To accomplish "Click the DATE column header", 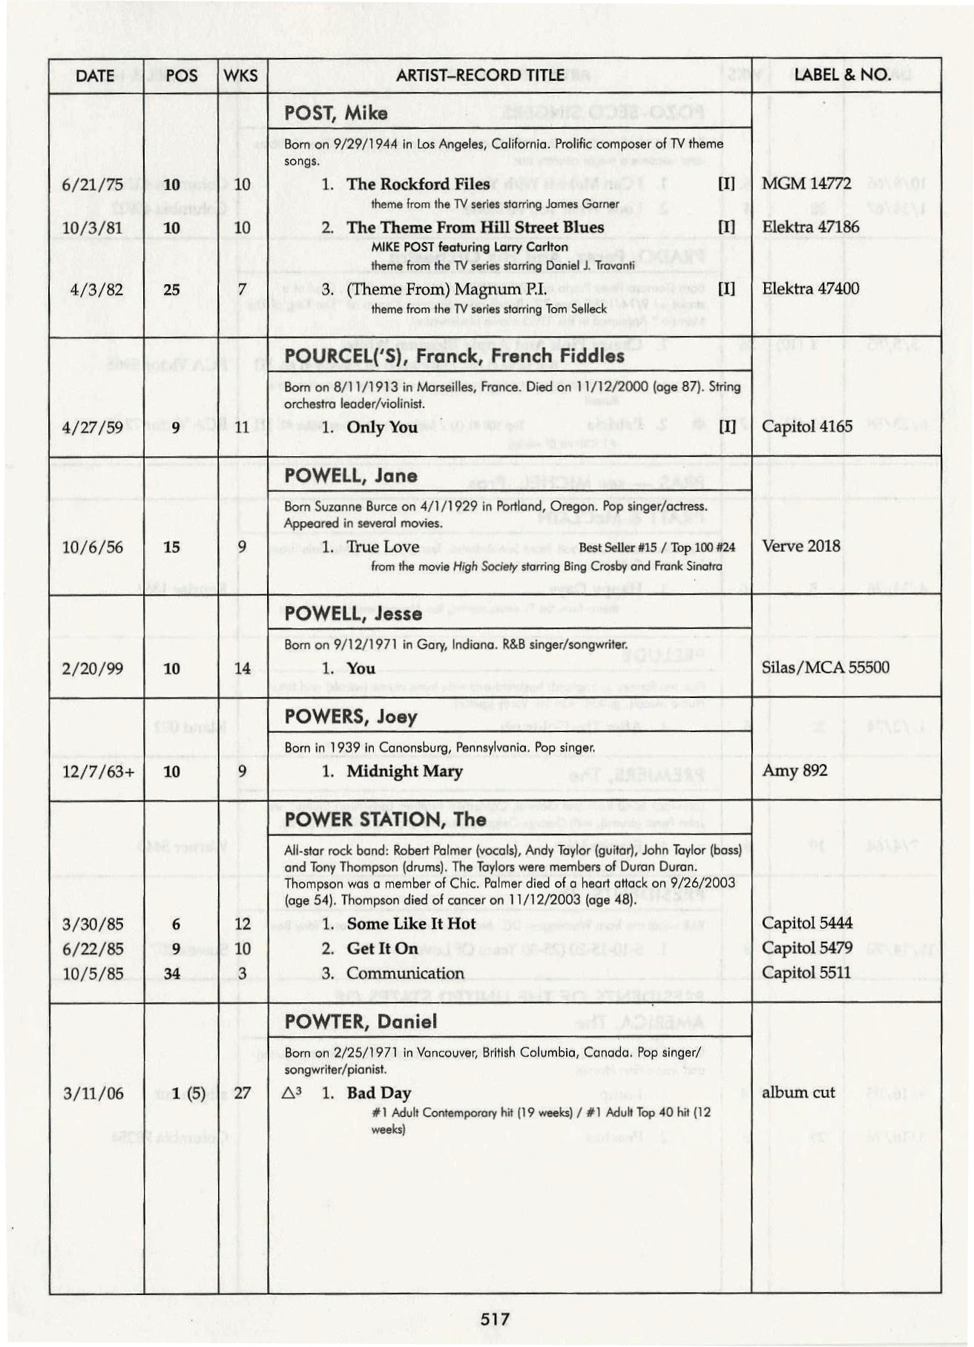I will pyautogui.click(x=95, y=76).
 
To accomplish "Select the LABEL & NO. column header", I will pyautogui.click(x=842, y=75).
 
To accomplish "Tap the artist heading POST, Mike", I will pyautogui.click(x=335, y=113).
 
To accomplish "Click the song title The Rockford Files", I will pyautogui.click(x=418, y=184).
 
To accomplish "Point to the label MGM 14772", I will pyautogui.click(x=806, y=183).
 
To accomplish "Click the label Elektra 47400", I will pyautogui.click(x=810, y=289).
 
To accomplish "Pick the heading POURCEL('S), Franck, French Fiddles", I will pyautogui.click(x=454, y=356).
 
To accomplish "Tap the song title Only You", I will pyautogui.click(x=381, y=427).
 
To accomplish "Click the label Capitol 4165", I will pyautogui.click(x=807, y=427).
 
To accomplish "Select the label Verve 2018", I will pyautogui.click(x=801, y=547).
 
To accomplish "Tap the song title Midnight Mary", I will pyautogui.click(x=404, y=771).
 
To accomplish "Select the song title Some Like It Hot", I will pyautogui.click(x=411, y=924).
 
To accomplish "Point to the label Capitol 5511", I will pyautogui.click(x=806, y=972).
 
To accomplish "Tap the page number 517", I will pyautogui.click(x=495, y=1318).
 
